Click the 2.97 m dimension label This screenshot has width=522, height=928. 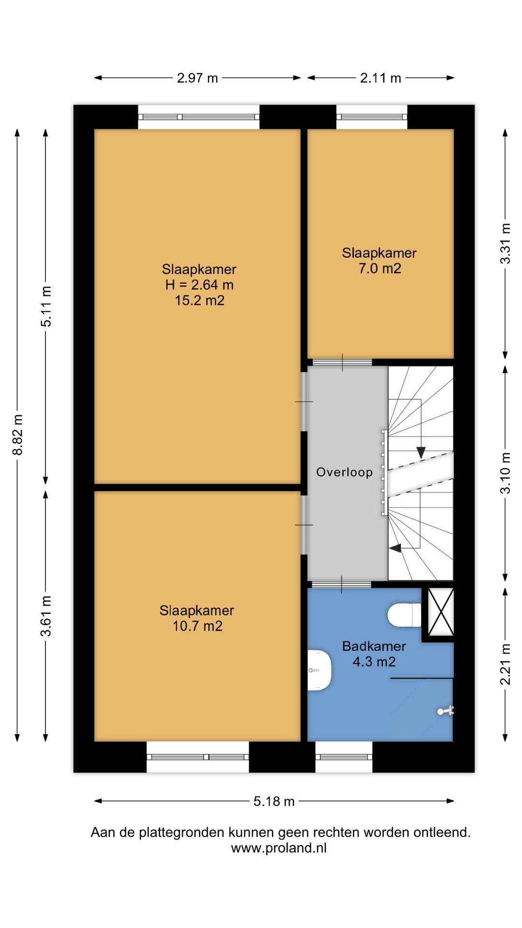[197, 78]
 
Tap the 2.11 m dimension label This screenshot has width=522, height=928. [380, 78]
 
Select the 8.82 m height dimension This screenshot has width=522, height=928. [17, 435]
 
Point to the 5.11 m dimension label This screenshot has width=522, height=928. [46, 306]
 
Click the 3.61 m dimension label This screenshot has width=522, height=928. [46, 616]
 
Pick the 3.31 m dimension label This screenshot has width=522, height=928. [505, 243]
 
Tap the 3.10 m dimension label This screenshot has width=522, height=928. [505, 473]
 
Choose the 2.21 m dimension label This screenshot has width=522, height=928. [505, 664]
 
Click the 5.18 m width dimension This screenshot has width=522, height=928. [274, 801]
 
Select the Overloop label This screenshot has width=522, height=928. [345, 472]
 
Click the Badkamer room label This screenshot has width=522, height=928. [374, 646]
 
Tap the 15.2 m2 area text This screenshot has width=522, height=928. [200, 301]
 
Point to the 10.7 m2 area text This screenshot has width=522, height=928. [197, 626]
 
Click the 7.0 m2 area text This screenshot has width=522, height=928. [380, 269]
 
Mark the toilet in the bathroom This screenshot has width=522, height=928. [405, 615]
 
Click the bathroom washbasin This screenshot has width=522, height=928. [319, 670]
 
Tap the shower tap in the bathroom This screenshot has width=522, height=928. [446, 711]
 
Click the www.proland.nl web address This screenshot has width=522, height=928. [279, 848]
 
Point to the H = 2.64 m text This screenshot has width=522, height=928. [200, 285]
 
